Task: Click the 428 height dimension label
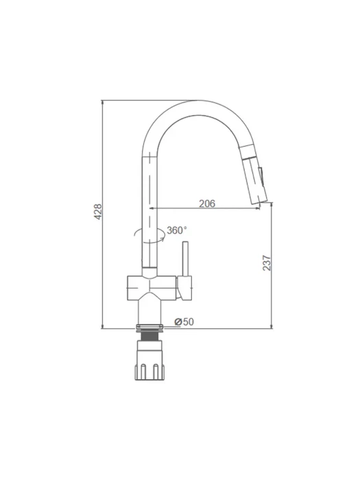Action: tap(97, 211)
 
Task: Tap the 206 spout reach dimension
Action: tap(207, 204)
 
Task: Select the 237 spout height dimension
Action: tap(267, 263)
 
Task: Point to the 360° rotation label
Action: tap(177, 230)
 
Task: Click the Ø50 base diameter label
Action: tap(184, 322)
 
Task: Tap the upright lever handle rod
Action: tap(185, 259)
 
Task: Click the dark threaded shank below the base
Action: tap(149, 336)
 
